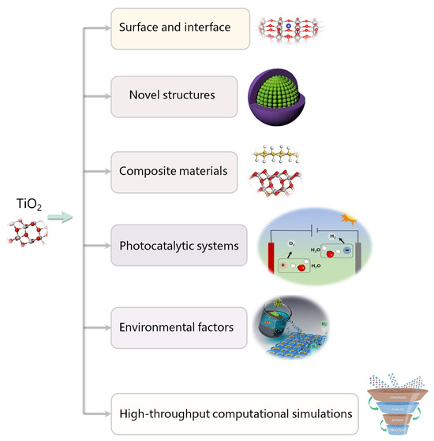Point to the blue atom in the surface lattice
(288, 26)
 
